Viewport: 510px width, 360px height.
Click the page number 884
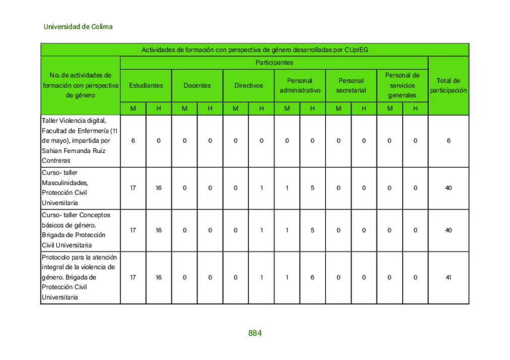[254, 333]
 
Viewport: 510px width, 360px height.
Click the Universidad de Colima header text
[78, 26]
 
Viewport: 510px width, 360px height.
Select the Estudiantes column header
[146, 86]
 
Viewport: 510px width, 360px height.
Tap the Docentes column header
[197, 86]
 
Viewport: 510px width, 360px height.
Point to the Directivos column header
[248, 86]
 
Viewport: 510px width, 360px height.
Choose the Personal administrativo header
[300, 86]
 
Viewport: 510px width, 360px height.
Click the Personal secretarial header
[351, 86]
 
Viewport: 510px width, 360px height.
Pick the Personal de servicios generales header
[402, 85]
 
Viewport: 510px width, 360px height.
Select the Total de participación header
[448, 86]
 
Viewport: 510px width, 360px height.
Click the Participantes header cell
[274, 63]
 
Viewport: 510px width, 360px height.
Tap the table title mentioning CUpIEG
[254, 50]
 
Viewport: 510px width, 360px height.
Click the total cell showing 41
[448, 277]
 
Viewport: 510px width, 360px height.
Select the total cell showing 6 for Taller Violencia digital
[448, 141]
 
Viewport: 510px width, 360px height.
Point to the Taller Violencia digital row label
[80, 140]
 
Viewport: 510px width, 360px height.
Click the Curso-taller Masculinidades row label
[80, 188]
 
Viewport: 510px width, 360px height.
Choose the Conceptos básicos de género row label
[80, 230]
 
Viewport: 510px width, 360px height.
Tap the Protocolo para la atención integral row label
[80, 277]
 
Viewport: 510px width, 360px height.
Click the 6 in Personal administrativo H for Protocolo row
[312, 277]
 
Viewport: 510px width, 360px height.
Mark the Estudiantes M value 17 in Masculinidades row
[133, 188]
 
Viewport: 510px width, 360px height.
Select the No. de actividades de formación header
[80, 85]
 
